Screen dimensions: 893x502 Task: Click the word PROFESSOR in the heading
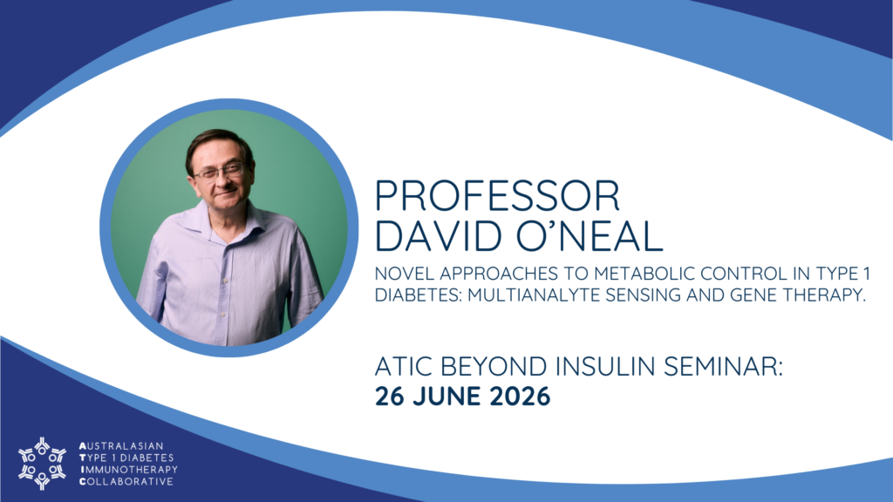coord(497,196)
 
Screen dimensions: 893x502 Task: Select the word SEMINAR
coord(723,366)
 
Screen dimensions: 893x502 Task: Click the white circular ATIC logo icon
coord(42,464)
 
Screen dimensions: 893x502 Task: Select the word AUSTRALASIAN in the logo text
coord(121,445)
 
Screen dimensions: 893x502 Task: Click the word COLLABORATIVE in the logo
coord(126,481)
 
